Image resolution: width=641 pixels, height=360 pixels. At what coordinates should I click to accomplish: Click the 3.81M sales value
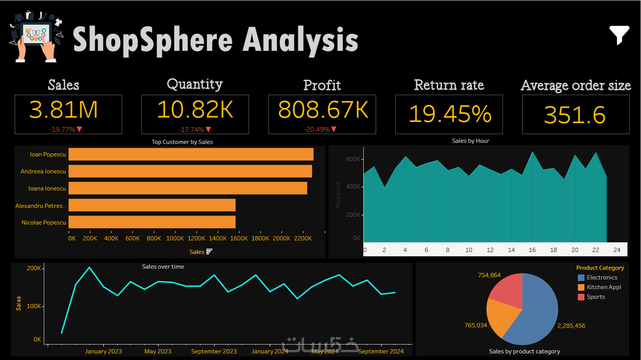(x=64, y=110)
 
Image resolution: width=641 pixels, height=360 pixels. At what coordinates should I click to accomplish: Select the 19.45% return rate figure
(x=450, y=114)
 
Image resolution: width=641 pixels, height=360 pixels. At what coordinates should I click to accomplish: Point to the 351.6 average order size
(x=575, y=115)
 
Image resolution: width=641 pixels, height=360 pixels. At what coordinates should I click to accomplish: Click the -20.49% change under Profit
(x=317, y=129)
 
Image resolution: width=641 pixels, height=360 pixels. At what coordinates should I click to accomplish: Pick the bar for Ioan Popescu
(x=191, y=154)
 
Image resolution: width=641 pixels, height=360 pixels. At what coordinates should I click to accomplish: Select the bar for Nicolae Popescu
(x=152, y=222)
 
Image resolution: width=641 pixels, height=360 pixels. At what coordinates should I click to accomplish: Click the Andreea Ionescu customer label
(x=43, y=171)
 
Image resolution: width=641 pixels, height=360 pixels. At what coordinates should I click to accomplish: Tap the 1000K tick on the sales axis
(x=175, y=238)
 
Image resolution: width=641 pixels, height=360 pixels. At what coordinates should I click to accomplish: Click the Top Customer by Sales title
(x=182, y=142)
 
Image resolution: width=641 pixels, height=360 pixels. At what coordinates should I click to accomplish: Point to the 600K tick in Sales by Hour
(x=353, y=159)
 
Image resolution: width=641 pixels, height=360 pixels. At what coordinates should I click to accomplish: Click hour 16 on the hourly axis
(x=532, y=250)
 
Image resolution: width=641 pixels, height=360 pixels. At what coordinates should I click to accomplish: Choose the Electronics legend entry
(x=602, y=278)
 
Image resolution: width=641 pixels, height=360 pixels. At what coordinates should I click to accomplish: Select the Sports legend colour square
(x=581, y=297)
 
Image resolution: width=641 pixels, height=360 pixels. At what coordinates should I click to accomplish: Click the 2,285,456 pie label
(x=571, y=326)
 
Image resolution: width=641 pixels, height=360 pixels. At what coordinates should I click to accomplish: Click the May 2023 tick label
(x=158, y=351)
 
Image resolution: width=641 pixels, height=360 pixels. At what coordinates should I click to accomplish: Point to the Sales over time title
(x=163, y=267)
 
